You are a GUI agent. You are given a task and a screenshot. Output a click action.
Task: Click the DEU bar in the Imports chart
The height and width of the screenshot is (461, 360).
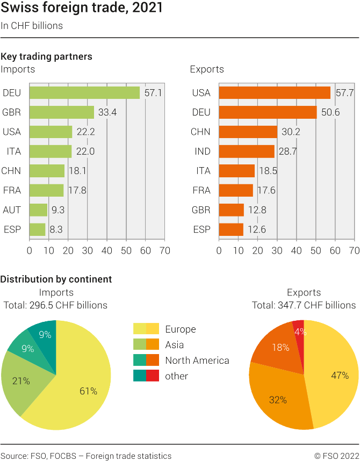[x=84, y=93]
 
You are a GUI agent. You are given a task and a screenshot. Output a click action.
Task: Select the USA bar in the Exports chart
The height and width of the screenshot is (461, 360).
[x=275, y=93]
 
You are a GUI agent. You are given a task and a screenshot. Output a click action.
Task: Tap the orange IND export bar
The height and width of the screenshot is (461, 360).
[x=247, y=152]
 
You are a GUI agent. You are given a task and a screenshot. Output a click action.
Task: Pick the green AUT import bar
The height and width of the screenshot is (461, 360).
[x=38, y=210]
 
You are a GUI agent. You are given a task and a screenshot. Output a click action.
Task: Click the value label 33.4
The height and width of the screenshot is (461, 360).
[x=106, y=112]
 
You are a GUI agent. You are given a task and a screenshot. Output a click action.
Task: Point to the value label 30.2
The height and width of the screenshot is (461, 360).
[x=290, y=132]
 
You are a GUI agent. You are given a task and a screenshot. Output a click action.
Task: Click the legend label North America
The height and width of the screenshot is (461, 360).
[x=197, y=361]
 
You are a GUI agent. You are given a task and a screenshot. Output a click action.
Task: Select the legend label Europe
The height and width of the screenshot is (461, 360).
[x=181, y=329]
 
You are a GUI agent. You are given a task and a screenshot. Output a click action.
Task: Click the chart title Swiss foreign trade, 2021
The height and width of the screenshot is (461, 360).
[x=82, y=9]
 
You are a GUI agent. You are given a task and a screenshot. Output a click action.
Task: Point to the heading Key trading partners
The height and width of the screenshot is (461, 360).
[x=46, y=56]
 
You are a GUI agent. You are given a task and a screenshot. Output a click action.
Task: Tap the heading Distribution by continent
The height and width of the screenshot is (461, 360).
[x=56, y=279]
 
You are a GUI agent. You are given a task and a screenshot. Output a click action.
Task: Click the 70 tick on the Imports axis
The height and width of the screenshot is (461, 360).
[x=164, y=250]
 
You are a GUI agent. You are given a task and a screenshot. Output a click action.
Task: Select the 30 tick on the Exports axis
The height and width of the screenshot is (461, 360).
[x=277, y=250]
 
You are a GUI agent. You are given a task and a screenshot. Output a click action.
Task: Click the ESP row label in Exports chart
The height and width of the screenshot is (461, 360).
[x=201, y=229]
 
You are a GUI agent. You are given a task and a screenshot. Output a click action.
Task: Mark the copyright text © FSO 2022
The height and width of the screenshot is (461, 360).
[x=336, y=456]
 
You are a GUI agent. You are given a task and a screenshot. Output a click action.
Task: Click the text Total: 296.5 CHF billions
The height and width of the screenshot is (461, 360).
[x=55, y=305]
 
